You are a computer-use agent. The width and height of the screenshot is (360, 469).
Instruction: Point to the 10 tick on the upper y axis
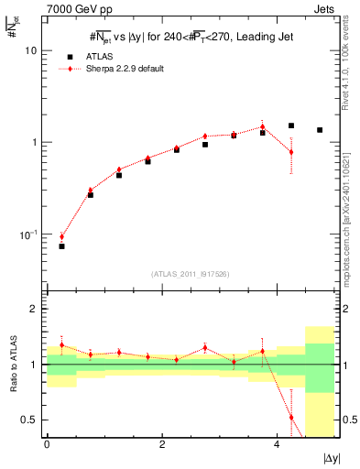(x=33, y=50)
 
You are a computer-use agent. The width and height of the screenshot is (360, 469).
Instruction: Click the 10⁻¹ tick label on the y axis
(x=29, y=234)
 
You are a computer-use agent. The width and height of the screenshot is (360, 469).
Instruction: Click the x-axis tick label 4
(x=278, y=444)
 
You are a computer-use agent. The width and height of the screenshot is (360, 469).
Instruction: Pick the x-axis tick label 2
(x=162, y=444)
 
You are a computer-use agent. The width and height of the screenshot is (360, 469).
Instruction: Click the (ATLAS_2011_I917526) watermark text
(x=191, y=274)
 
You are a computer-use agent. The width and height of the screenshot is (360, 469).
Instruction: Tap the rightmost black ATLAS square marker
(x=320, y=130)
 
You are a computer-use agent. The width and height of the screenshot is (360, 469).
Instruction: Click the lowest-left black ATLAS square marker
(x=61, y=246)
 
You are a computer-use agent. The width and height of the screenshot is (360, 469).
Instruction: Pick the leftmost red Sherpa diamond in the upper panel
(x=61, y=236)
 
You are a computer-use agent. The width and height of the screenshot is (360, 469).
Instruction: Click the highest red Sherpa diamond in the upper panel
(x=262, y=126)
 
